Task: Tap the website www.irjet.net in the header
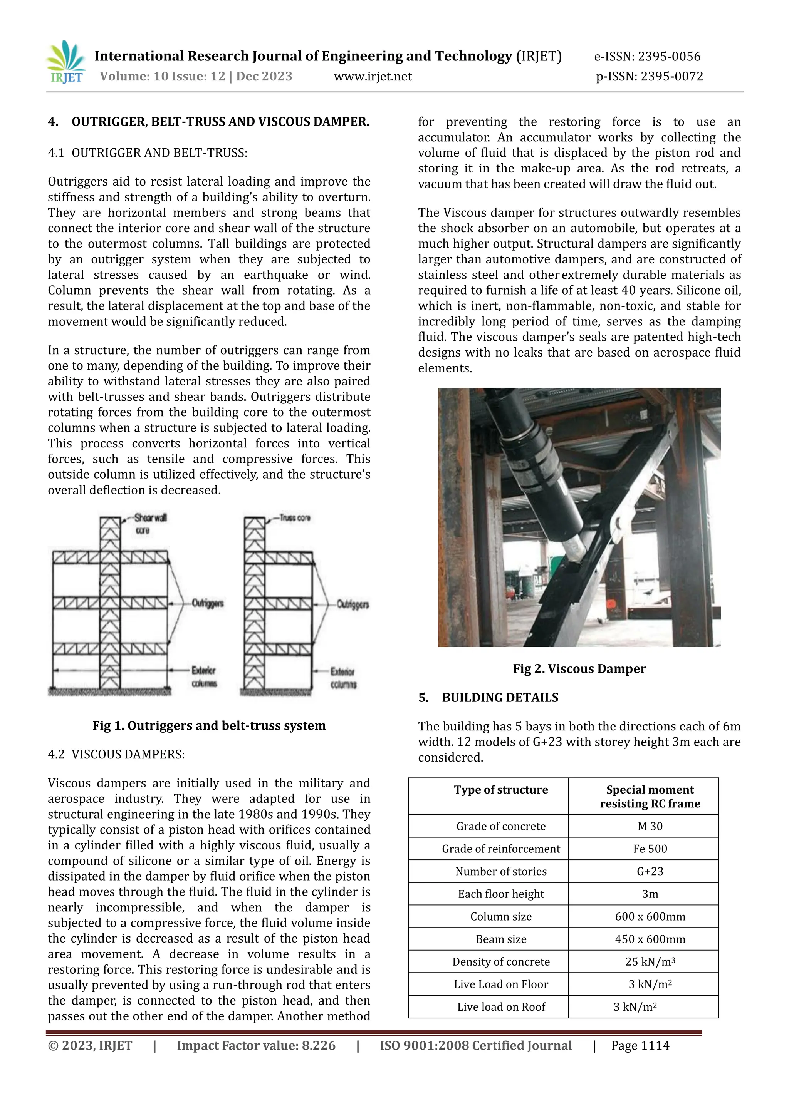[x=373, y=77]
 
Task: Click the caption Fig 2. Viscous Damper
[x=579, y=669]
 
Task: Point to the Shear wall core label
[x=148, y=524]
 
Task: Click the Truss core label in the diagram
[x=294, y=518]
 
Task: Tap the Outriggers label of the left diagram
[x=207, y=603]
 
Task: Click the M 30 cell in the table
[x=650, y=826]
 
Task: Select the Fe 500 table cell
[x=650, y=849]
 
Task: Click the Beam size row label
[x=501, y=939]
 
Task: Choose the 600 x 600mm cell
[x=650, y=916]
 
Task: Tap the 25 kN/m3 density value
[x=650, y=961]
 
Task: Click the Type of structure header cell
[x=501, y=790]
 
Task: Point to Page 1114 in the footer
[x=640, y=1046]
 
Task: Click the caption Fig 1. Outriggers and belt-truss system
[x=209, y=725]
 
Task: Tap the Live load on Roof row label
[x=501, y=1007]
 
